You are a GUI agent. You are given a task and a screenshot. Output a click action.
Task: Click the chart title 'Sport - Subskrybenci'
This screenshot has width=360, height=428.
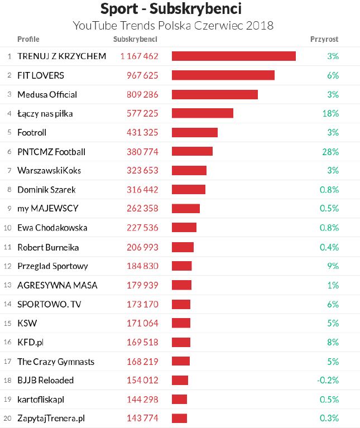pyautogui.click(x=171, y=9)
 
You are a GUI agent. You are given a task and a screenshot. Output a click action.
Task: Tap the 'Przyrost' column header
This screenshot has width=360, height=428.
pyautogui.click(x=324, y=39)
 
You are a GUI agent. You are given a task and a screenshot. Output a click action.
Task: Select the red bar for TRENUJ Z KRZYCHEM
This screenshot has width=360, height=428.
pyautogui.click(x=233, y=56)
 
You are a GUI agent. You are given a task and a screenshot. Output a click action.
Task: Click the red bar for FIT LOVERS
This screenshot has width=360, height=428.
pyautogui.click(x=223, y=75)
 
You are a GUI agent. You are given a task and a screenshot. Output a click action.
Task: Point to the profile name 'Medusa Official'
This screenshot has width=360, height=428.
pyautogui.click(x=47, y=94)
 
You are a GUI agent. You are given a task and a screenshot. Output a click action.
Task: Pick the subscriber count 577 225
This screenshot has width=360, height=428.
pyautogui.click(x=139, y=113)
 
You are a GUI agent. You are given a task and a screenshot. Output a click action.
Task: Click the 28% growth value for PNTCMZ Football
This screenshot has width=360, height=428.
pyautogui.click(x=330, y=152)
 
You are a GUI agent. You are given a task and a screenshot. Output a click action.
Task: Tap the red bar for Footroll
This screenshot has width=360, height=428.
pyautogui.click(x=194, y=133)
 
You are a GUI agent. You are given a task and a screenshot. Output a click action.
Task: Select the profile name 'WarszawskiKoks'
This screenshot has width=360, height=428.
pyautogui.click(x=49, y=171)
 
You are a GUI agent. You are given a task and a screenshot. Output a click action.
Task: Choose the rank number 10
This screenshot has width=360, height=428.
pyautogui.click(x=8, y=228)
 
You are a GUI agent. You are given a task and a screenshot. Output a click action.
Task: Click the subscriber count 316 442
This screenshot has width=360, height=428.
pyautogui.click(x=139, y=190)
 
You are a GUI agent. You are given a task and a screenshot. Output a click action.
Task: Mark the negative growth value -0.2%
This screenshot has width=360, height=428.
pyautogui.click(x=328, y=380)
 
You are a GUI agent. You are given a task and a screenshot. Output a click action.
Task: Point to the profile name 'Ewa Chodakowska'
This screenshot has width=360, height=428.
pyautogui.click(x=52, y=228)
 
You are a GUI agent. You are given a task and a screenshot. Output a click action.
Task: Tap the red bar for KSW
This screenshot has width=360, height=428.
pyautogui.click(x=181, y=323)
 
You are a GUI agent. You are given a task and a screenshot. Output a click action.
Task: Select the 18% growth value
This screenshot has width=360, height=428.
pyautogui.click(x=330, y=113)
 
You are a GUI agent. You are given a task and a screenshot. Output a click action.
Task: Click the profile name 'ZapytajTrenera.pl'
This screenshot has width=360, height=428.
pyautogui.click(x=51, y=418)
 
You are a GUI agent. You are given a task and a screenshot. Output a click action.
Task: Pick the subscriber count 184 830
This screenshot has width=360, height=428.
pyautogui.click(x=139, y=266)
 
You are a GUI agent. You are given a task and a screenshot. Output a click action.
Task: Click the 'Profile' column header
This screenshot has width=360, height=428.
pyautogui.click(x=28, y=39)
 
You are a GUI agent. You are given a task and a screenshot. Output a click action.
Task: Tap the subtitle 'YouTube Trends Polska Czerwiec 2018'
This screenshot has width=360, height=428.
pyautogui.click(x=173, y=26)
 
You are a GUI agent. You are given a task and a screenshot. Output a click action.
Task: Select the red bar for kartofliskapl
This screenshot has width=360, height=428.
pyautogui.click(x=179, y=399)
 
